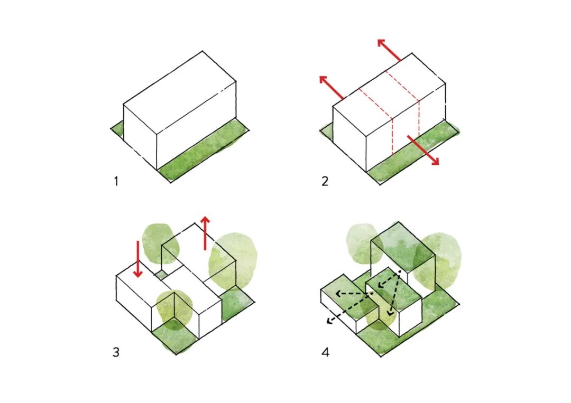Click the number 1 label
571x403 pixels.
click(x=116, y=181)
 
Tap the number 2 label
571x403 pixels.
click(x=325, y=181)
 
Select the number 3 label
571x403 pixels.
click(x=116, y=352)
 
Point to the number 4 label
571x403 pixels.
click(x=325, y=352)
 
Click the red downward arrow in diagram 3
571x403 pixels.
click(x=137, y=259)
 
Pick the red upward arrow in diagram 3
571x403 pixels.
click(x=205, y=233)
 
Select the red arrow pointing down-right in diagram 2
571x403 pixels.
click(x=423, y=150)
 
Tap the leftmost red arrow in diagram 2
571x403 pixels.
click(x=331, y=87)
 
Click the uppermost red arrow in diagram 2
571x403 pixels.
click(x=389, y=50)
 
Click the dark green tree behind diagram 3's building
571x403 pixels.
click(x=160, y=243)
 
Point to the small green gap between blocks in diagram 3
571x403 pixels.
click(x=160, y=274)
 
